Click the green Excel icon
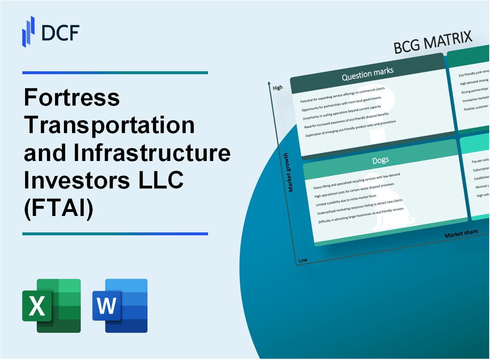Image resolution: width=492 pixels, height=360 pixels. pyautogui.click(x=51, y=306)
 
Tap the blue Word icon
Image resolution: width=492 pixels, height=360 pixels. pyautogui.click(x=120, y=306)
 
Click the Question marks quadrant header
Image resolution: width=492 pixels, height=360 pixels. pyautogui.click(x=367, y=75)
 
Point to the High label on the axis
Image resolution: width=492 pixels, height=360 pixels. pyautogui.click(x=277, y=88)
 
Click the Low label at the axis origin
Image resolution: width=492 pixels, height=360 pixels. pyautogui.click(x=302, y=260)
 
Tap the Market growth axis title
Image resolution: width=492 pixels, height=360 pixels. pyautogui.click(x=291, y=172)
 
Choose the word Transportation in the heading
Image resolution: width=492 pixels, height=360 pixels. pyautogui.click(x=110, y=126)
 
